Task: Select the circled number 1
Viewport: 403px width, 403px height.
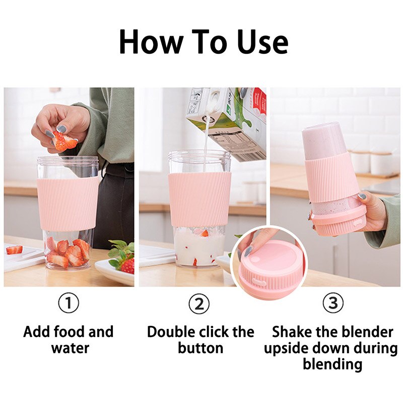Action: (69, 303)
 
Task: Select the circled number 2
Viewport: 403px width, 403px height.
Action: (199, 303)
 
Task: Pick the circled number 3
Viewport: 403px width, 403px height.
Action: (332, 303)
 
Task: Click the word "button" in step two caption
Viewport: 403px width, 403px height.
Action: (200, 348)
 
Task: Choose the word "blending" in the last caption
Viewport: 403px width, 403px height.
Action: (332, 364)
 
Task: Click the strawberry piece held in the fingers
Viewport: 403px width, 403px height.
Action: (64, 141)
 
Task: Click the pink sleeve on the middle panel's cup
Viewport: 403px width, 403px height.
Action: (199, 199)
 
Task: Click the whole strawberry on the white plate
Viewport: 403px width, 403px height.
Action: (126, 265)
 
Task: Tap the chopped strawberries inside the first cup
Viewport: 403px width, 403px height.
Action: (66, 252)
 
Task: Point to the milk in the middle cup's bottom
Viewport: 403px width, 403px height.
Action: (199, 249)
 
